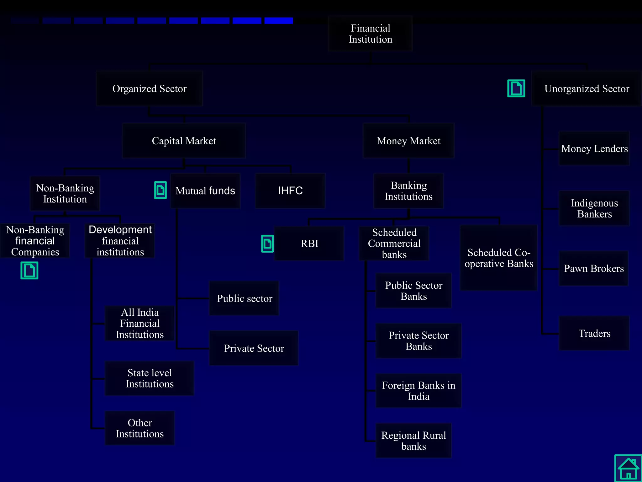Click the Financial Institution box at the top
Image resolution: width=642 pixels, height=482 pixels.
point(370,34)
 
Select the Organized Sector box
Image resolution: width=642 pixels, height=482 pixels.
point(150,89)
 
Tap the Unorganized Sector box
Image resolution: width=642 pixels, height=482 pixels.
point(587,89)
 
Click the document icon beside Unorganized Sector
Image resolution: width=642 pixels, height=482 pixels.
point(516,88)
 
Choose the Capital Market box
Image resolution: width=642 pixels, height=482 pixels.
point(184,141)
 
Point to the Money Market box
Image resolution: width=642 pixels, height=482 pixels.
point(408,141)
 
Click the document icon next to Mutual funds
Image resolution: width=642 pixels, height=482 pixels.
point(160,190)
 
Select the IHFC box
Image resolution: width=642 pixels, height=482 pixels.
point(290,190)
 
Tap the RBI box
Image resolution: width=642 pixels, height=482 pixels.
point(309,244)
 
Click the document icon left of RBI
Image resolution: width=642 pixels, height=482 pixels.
point(267,244)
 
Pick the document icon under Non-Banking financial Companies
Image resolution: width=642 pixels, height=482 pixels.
point(29,270)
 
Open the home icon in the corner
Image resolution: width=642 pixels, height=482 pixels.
point(628,468)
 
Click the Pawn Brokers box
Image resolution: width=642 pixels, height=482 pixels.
point(594,269)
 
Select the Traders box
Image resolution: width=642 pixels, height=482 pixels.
point(594,333)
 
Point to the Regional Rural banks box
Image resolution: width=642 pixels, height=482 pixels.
point(413,441)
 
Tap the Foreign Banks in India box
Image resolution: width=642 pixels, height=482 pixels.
point(418,391)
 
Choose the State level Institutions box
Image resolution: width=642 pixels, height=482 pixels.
point(150,378)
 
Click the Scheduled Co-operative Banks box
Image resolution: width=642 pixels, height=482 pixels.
point(498,258)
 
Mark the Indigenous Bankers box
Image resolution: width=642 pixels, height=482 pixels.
point(594,208)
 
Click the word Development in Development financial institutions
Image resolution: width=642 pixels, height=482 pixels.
point(120,230)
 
